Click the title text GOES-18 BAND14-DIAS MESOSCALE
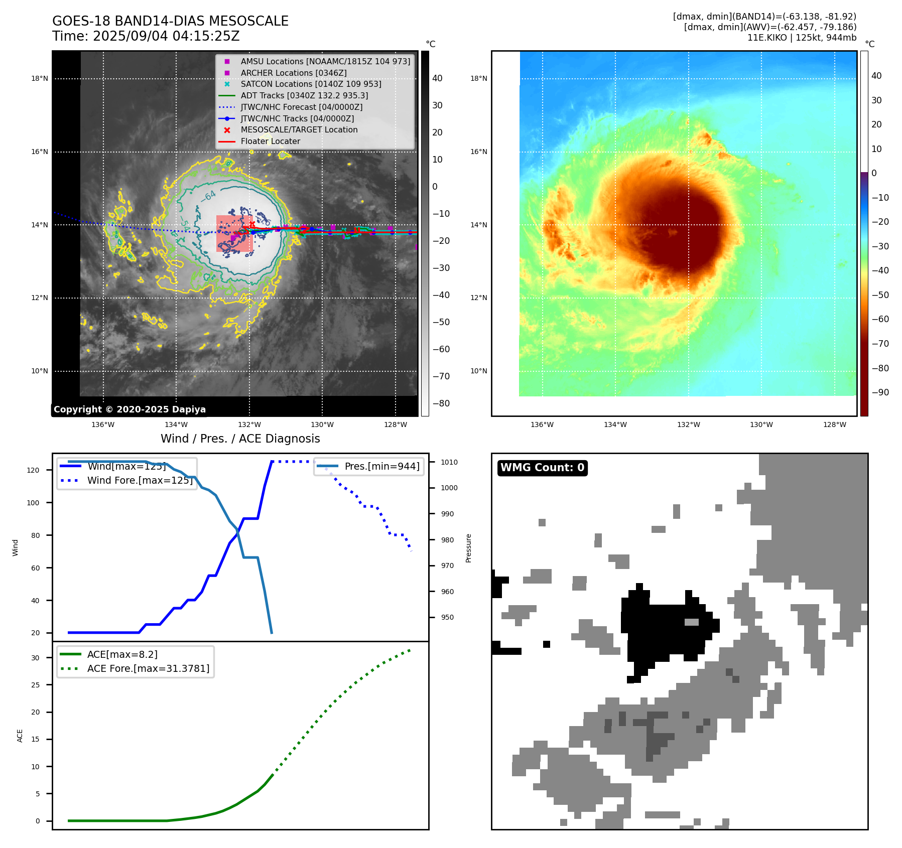(170, 21)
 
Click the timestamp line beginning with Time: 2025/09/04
(146, 36)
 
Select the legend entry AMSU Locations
(325, 61)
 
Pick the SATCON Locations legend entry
(311, 84)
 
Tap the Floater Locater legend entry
(270, 141)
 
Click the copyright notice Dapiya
(130, 409)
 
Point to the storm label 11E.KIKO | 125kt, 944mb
(802, 38)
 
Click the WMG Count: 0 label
(542, 468)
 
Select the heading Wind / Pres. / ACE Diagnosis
(240, 439)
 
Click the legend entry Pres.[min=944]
(381, 466)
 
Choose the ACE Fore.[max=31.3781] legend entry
(148, 668)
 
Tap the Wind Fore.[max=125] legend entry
(140, 480)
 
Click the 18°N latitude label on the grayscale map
(40, 78)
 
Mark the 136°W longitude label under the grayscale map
(103, 425)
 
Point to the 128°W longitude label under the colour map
(834, 425)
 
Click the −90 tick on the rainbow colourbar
(880, 392)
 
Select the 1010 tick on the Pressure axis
(449, 462)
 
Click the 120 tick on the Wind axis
(33, 470)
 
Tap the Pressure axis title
(468, 548)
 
